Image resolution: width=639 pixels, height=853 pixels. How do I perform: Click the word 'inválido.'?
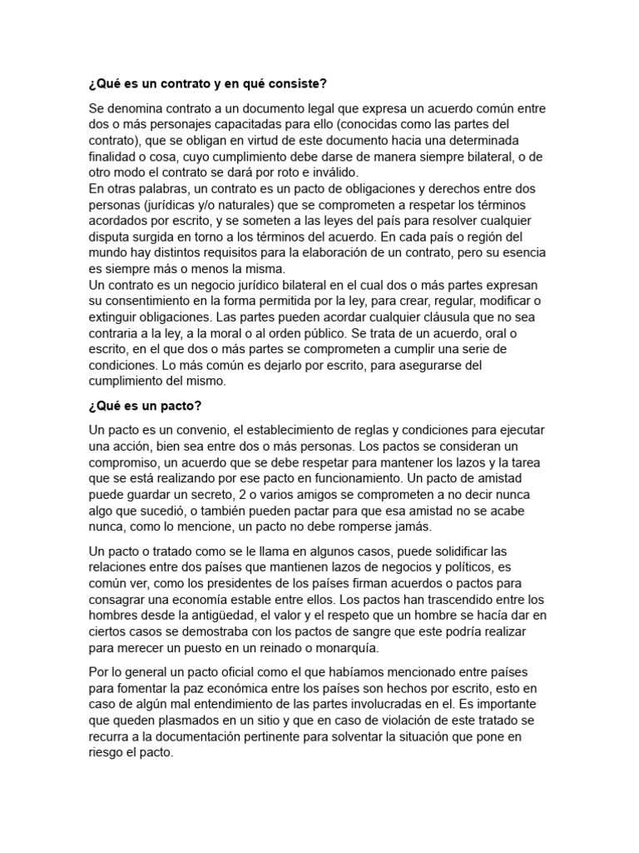331,172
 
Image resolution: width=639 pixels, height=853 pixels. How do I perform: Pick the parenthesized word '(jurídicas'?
171,205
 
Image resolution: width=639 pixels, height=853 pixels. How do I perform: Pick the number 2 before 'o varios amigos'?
240,493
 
